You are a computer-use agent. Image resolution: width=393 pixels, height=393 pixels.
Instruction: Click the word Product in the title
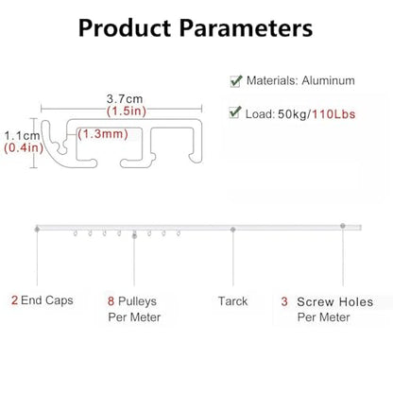click(x=125, y=28)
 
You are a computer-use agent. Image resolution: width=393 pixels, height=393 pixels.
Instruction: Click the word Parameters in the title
click(x=246, y=28)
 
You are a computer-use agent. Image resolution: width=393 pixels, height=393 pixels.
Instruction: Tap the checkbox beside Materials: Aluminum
click(x=236, y=81)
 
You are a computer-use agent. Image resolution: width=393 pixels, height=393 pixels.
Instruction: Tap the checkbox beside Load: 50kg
click(x=235, y=112)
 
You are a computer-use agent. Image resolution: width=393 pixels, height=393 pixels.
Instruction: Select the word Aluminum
click(x=328, y=80)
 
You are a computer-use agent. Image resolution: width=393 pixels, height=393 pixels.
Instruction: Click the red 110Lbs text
click(x=333, y=114)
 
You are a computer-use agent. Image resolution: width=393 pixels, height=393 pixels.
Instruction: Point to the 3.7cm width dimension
click(x=125, y=99)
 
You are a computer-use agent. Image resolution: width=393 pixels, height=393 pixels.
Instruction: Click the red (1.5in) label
click(x=127, y=111)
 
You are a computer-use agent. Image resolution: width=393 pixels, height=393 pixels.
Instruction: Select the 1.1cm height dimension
click(x=22, y=136)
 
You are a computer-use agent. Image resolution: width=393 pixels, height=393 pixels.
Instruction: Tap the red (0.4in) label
click(x=24, y=147)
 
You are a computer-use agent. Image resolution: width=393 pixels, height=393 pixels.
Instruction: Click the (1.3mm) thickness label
click(x=103, y=134)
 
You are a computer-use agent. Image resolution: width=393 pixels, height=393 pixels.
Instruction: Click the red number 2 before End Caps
click(x=14, y=300)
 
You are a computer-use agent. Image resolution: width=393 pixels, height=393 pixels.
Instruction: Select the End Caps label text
click(x=47, y=300)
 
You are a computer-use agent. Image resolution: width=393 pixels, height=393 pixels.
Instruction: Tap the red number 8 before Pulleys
click(x=111, y=301)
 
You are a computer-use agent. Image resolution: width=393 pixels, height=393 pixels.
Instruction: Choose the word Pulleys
click(x=137, y=301)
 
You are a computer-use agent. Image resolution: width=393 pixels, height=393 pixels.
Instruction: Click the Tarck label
click(x=232, y=301)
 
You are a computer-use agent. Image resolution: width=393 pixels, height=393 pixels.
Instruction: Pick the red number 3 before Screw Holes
click(x=284, y=301)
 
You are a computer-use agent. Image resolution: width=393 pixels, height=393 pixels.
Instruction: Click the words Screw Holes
click(x=335, y=302)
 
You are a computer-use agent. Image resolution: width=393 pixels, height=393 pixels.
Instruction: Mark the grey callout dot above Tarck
click(x=233, y=230)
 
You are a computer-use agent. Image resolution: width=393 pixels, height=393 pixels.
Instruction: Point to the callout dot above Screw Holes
click(x=343, y=226)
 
